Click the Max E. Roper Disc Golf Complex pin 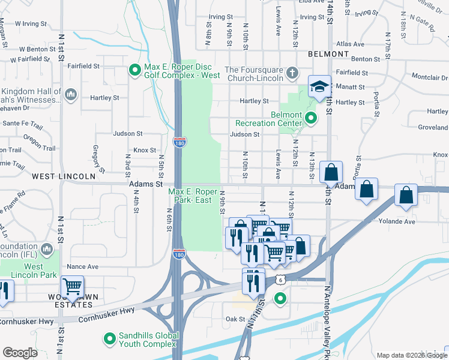click(136, 71)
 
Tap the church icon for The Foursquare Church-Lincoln click(292, 73)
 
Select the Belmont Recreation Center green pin click(311, 119)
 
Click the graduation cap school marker click(319, 88)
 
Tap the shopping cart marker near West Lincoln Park click(72, 287)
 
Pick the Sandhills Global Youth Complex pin click(110, 340)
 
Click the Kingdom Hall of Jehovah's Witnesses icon click(70, 95)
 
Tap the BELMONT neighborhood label click(328, 54)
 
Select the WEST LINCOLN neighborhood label click(63, 176)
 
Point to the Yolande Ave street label click(397, 221)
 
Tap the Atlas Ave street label click(351, 44)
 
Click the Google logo click(20, 353)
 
